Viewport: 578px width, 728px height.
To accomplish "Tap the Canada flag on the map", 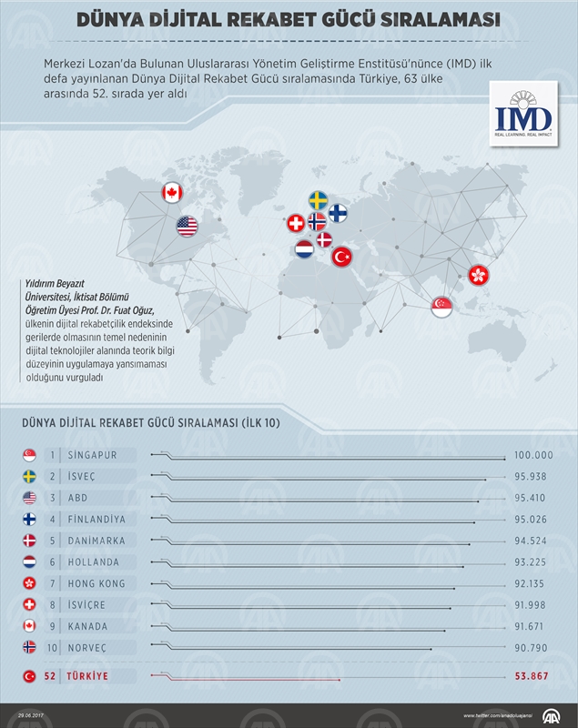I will [171, 192].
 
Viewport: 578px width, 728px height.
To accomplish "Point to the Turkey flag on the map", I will [341, 258].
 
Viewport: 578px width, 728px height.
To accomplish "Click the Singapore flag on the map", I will [442, 308].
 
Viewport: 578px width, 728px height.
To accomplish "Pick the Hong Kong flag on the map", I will [478, 274].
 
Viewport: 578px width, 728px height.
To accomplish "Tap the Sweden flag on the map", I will [319, 200].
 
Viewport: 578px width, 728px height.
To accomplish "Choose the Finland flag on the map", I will [338, 213].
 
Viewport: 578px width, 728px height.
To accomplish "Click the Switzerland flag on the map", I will [296, 223].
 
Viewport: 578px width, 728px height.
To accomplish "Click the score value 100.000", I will [533, 455].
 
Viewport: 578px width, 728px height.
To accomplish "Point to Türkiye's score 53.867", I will [533, 676].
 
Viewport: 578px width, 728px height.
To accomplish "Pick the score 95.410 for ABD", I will [533, 498].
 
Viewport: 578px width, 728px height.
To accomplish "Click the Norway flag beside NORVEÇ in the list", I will [29, 647].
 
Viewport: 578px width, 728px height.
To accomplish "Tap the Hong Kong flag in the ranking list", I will [29, 583].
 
